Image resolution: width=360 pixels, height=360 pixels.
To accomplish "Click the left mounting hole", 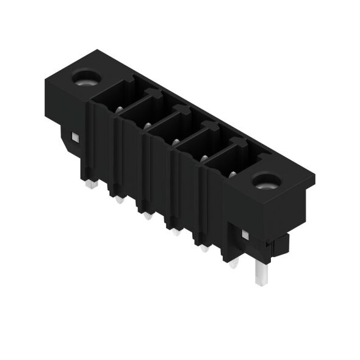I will [x=81, y=77].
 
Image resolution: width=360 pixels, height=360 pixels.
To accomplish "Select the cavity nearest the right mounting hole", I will [x=230, y=164].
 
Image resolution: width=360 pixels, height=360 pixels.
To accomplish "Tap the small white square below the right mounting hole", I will [x=245, y=234].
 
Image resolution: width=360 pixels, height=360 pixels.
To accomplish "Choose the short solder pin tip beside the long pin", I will [x=234, y=264].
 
